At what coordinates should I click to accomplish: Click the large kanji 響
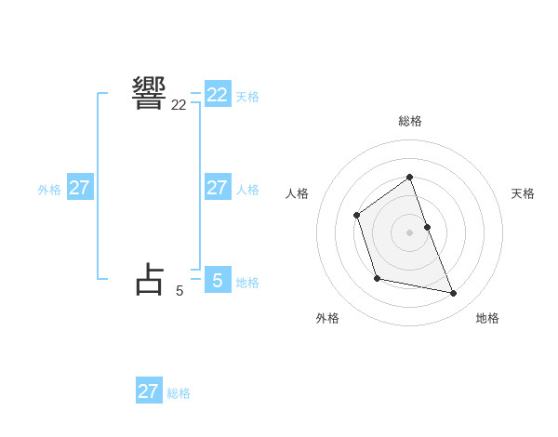click(x=150, y=93)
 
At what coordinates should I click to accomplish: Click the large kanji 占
click(x=150, y=279)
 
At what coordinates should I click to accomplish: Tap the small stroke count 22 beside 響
click(x=179, y=106)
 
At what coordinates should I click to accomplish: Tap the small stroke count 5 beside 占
click(x=179, y=291)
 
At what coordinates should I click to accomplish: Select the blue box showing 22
click(x=218, y=95)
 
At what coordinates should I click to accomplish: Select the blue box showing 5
click(x=218, y=280)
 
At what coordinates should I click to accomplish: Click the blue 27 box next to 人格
click(x=218, y=188)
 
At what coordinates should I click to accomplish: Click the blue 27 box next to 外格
click(x=79, y=188)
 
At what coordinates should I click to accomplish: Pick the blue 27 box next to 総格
click(x=149, y=391)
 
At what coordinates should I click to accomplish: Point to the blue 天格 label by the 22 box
click(x=247, y=96)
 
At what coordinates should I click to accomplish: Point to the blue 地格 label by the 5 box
click(x=247, y=282)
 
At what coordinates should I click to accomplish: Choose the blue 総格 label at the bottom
click(x=179, y=393)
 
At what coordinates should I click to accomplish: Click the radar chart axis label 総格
click(x=410, y=121)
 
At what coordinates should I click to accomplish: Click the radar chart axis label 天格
click(x=524, y=193)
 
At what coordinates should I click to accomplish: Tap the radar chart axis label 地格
click(x=487, y=318)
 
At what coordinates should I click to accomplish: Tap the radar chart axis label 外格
click(x=327, y=318)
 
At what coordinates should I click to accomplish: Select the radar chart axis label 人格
click(x=297, y=193)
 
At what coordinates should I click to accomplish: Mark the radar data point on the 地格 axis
click(x=454, y=294)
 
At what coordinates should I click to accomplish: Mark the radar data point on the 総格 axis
click(x=409, y=177)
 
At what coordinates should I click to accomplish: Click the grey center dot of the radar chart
click(x=409, y=232)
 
